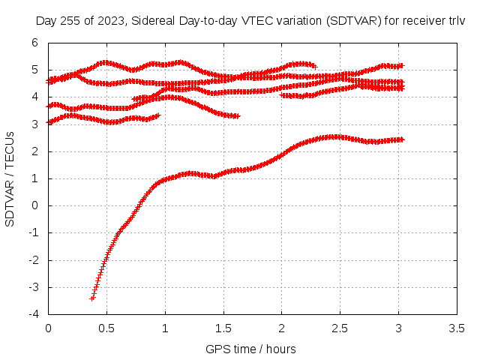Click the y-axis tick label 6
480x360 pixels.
tap(34, 43)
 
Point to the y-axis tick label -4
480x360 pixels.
tap(33, 314)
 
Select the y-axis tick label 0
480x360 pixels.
tap(34, 205)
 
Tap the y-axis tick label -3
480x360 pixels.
tap(33, 287)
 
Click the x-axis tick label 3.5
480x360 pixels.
tap(457, 328)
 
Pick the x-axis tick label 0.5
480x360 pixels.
tap(106, 328)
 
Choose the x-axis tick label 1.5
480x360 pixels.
tap(223, 328)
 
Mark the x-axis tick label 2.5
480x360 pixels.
tap(340, 328)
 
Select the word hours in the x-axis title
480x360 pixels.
tap(281, 349)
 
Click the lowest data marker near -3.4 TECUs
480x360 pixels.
tap(92, 298)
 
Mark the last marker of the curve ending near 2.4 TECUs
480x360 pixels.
tap(402, 139)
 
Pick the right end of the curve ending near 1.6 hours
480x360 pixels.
tap(238, 116)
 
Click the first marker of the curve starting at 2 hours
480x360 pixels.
tap(282, 95)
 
